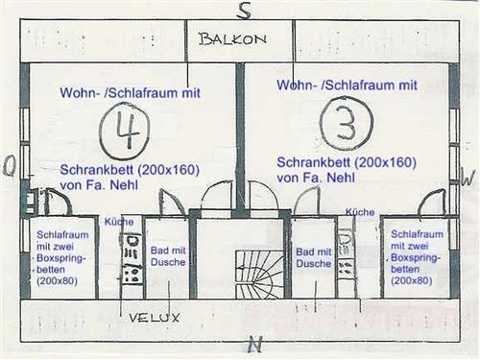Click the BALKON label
click(x=231, y=39)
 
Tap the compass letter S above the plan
click(x=245, y=11)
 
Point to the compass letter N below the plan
click(x=253, y=344)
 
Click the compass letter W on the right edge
click(x=468, y=178)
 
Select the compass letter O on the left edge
click(x=10, y=167)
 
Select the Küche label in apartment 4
click(x=119, y=221)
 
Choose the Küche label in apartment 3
click(x=360, y=211)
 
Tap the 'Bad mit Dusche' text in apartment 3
click(x=313, y=256)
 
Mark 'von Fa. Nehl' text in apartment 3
click(x=312, y=178)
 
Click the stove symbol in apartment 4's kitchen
click(x=132, y=274)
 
